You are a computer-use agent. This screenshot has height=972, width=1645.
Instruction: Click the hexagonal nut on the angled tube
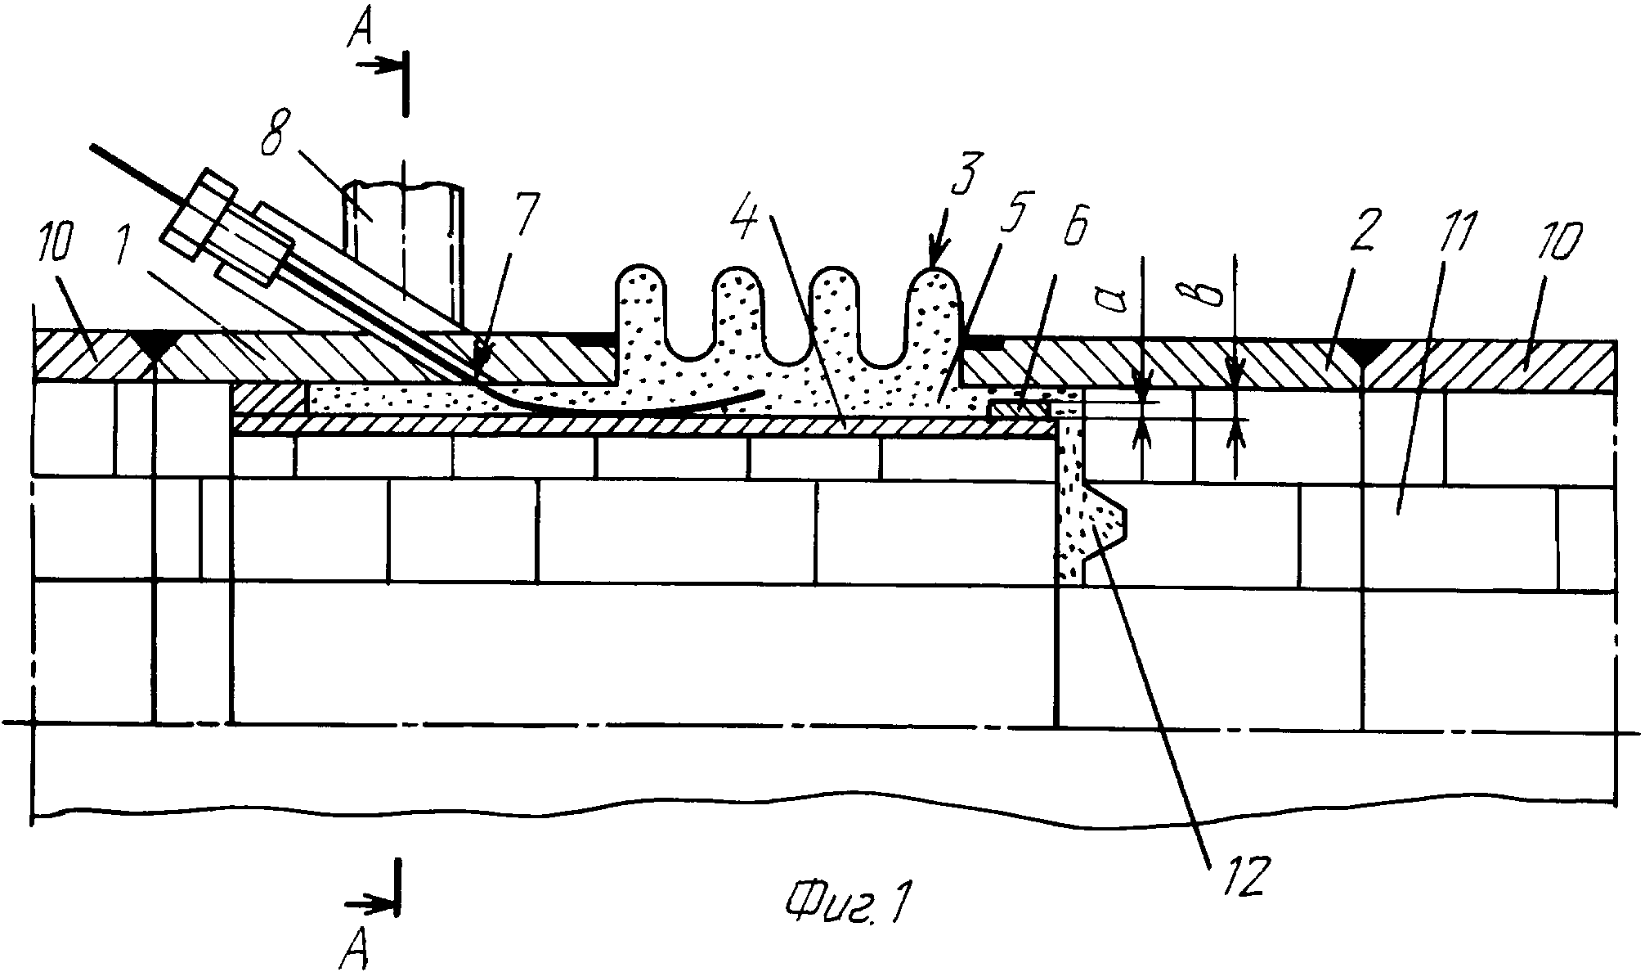pyautogui.click(x=200, y=215)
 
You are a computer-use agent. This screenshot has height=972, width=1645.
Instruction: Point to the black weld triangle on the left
pyautogui.click(x=155, y=346)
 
